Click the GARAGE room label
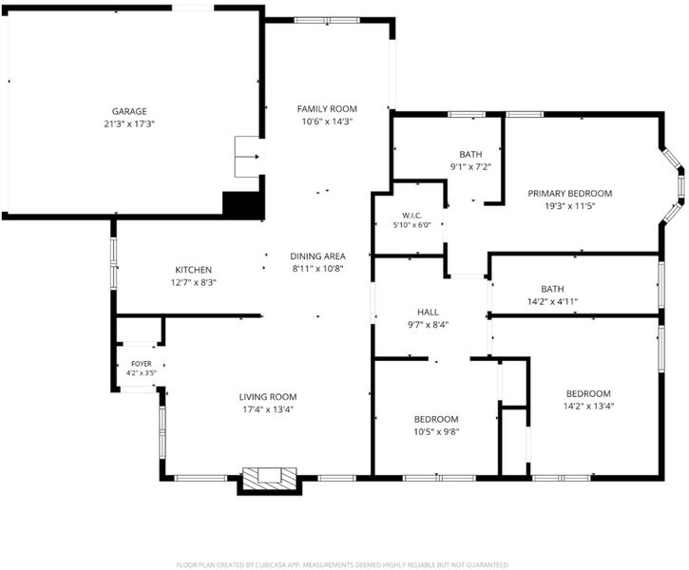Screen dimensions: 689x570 click(129, 111)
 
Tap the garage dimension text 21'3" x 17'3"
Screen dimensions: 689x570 click(129, 123)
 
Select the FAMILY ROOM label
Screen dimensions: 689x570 click(327, 109)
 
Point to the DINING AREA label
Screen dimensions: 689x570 click(317, 256)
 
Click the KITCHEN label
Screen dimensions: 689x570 click(193, 270)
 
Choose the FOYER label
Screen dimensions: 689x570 click(142, 364)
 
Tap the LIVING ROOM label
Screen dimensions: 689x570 click(268, 397)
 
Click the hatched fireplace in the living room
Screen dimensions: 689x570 click(270, 479)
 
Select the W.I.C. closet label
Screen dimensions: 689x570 click(411, 216)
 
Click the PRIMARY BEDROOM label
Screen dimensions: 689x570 click(570, 193)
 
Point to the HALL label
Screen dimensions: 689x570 click(428, 313)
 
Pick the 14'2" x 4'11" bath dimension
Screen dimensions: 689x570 click(552, 302)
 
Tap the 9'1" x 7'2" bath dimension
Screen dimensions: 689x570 click(470, 167)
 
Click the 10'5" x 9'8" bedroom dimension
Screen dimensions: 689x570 click(436, 431)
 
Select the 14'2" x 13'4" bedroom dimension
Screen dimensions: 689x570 click(588, 407)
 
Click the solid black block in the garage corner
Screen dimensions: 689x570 click(243, 204)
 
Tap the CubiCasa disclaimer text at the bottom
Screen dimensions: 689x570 click(343, 564)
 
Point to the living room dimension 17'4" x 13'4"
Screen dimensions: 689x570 click(268, 409)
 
